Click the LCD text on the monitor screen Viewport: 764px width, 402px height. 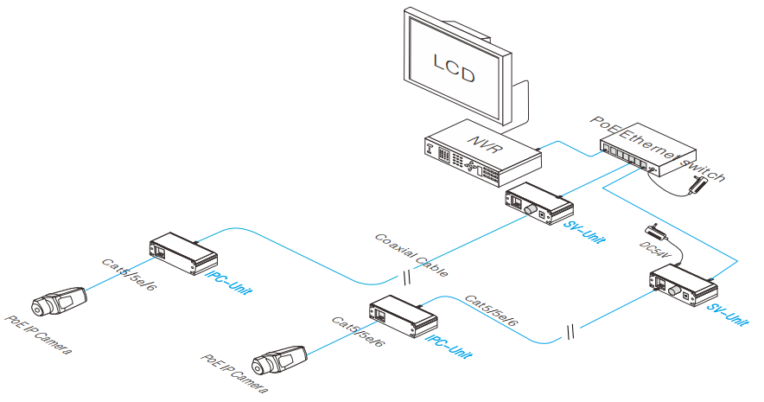(454, 68)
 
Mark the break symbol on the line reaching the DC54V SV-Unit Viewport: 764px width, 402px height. (570, 330)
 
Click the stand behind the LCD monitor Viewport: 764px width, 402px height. (516, 99)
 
